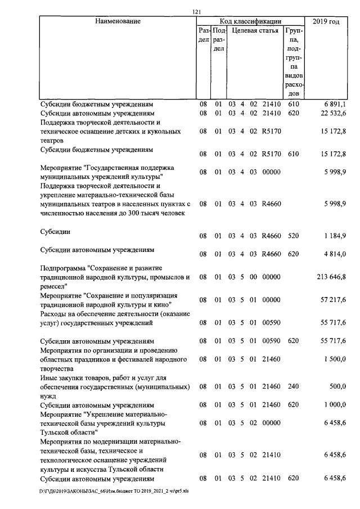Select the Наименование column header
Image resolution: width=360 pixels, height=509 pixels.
118,21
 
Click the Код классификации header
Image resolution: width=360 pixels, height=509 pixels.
250,21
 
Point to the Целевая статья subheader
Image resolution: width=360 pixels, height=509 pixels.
255,30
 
